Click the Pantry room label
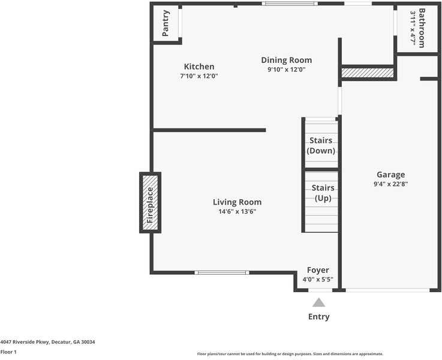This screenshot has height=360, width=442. tap(166, 23)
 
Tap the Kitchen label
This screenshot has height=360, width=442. tap(199, 67)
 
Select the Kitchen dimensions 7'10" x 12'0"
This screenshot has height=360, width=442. tap(199, 76)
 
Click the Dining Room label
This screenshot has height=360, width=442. tap(287, 60)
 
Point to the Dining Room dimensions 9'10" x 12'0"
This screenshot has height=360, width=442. tap(287, 70)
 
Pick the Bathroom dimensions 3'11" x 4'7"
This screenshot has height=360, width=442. tap(413, 28)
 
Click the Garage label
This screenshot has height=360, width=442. tap(390, 175)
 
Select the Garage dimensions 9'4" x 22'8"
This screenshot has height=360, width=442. tap(390, 184)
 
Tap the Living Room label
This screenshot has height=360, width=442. tap(237, 202)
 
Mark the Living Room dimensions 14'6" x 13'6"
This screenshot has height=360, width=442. tap(237, 212)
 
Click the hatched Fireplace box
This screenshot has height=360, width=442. tap(151, 202)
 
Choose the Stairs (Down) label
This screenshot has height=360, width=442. tap(321, 146)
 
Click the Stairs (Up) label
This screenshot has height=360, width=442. tap(323, 193)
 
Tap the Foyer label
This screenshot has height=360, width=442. tap(318, 270)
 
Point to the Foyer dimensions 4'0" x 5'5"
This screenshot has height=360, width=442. tap(317, 280)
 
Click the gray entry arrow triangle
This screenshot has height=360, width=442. tap(318, 303)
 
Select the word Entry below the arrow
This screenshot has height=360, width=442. tap(318, 317)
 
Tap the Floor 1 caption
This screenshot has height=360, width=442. tap(8, 352)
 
